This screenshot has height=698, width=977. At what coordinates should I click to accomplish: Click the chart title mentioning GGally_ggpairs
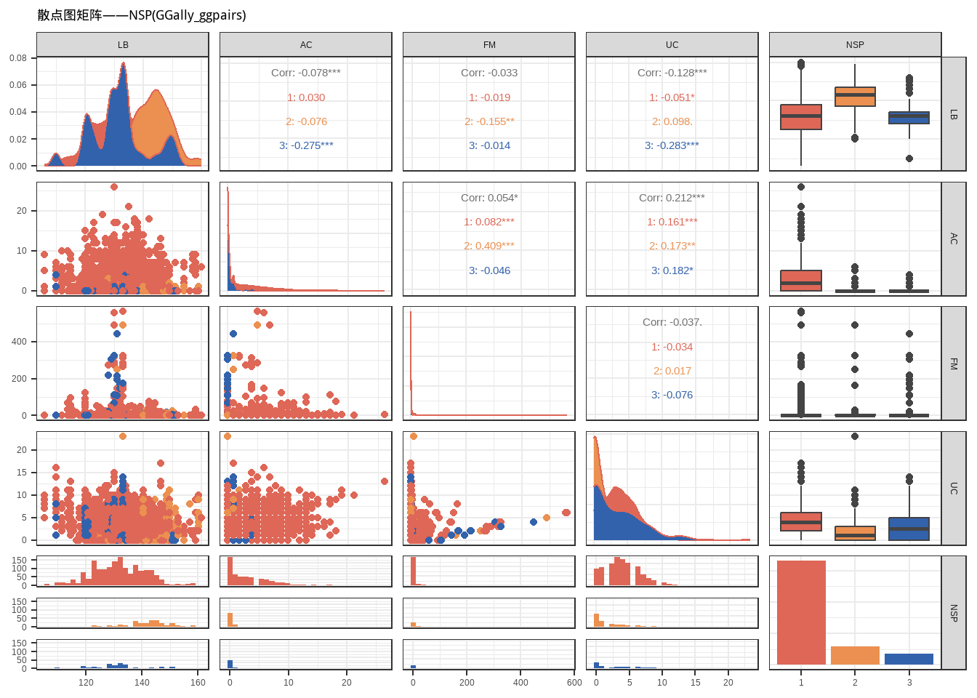click(142, 15)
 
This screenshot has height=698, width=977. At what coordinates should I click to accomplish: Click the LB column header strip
click(123, 45)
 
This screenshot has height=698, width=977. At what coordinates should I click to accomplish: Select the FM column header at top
click(489, 45)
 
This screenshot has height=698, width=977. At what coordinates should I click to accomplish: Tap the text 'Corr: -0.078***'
click(306, 73)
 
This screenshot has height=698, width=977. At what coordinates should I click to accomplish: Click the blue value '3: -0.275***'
click(306, 145)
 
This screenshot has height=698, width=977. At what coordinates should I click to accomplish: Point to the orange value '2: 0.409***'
click(489, 246)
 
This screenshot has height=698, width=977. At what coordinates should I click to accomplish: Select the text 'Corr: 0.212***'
click(672, 198)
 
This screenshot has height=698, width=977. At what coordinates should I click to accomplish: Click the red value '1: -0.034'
click(672, 347)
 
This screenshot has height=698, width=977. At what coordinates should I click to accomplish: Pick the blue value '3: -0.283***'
click(672, 145)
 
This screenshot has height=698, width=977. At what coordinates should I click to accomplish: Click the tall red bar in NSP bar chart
click(801, 612)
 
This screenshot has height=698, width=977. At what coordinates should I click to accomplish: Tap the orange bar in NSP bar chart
click(855, 655)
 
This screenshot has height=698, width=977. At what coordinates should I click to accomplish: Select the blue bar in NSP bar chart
click(909, 659)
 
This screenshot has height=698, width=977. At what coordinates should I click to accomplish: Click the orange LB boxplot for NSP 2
click(855, 97)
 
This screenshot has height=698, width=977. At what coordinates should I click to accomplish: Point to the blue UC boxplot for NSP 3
click(909, 529)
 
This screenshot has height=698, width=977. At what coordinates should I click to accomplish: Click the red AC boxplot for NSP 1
click(801, 281)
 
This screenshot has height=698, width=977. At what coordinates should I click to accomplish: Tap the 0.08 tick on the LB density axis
click(18, 58)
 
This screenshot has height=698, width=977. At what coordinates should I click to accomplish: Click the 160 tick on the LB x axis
click(198, 683)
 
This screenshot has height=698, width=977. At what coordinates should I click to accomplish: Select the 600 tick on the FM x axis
click(574, 683)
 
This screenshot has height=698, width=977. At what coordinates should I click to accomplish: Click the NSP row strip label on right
click(954, 613)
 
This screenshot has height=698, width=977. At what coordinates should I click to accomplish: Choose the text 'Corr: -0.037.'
click(672, 322)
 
